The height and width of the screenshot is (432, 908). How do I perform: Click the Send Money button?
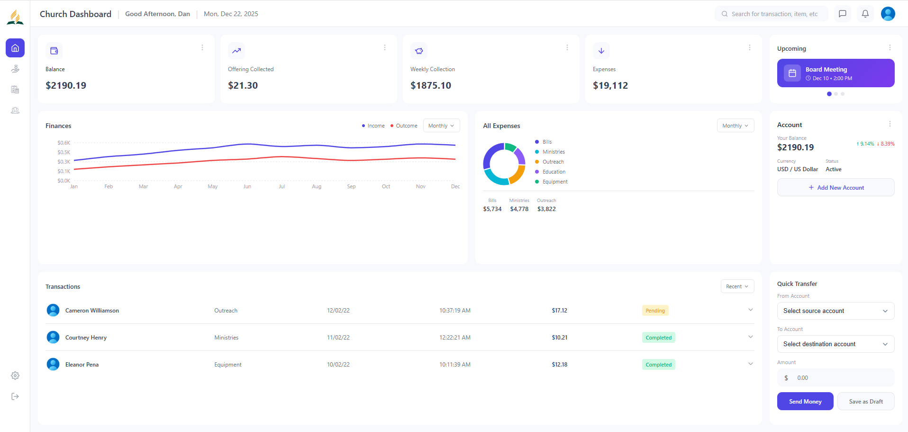[805, 401]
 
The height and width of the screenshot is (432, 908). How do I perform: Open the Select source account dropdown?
[835, 311]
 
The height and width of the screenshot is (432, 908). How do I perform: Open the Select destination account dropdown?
[835, 344]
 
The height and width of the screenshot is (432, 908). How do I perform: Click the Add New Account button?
[835, 188]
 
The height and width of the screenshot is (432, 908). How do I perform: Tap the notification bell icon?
[865, 14]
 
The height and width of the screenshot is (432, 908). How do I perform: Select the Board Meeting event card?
[835, 73]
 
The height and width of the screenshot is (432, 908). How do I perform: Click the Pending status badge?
[655, 311]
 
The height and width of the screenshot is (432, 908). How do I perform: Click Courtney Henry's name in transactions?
[86, 338]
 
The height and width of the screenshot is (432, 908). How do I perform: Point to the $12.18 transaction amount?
[559, 365]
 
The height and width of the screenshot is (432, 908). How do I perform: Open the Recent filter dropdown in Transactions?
[736, 286]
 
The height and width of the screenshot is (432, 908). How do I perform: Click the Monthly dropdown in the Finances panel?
[441, 126]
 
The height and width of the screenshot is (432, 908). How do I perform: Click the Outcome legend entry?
[406, 126]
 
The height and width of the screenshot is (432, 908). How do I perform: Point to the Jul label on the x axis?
[281, 186]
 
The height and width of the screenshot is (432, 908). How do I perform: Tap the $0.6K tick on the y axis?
[64, 143]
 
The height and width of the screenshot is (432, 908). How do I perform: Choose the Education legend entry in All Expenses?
[554, 172]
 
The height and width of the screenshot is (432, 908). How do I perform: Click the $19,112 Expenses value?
[610, 85]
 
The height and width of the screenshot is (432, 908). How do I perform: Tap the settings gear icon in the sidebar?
[15, 376]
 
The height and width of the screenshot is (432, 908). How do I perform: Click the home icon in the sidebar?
[15, 48]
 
